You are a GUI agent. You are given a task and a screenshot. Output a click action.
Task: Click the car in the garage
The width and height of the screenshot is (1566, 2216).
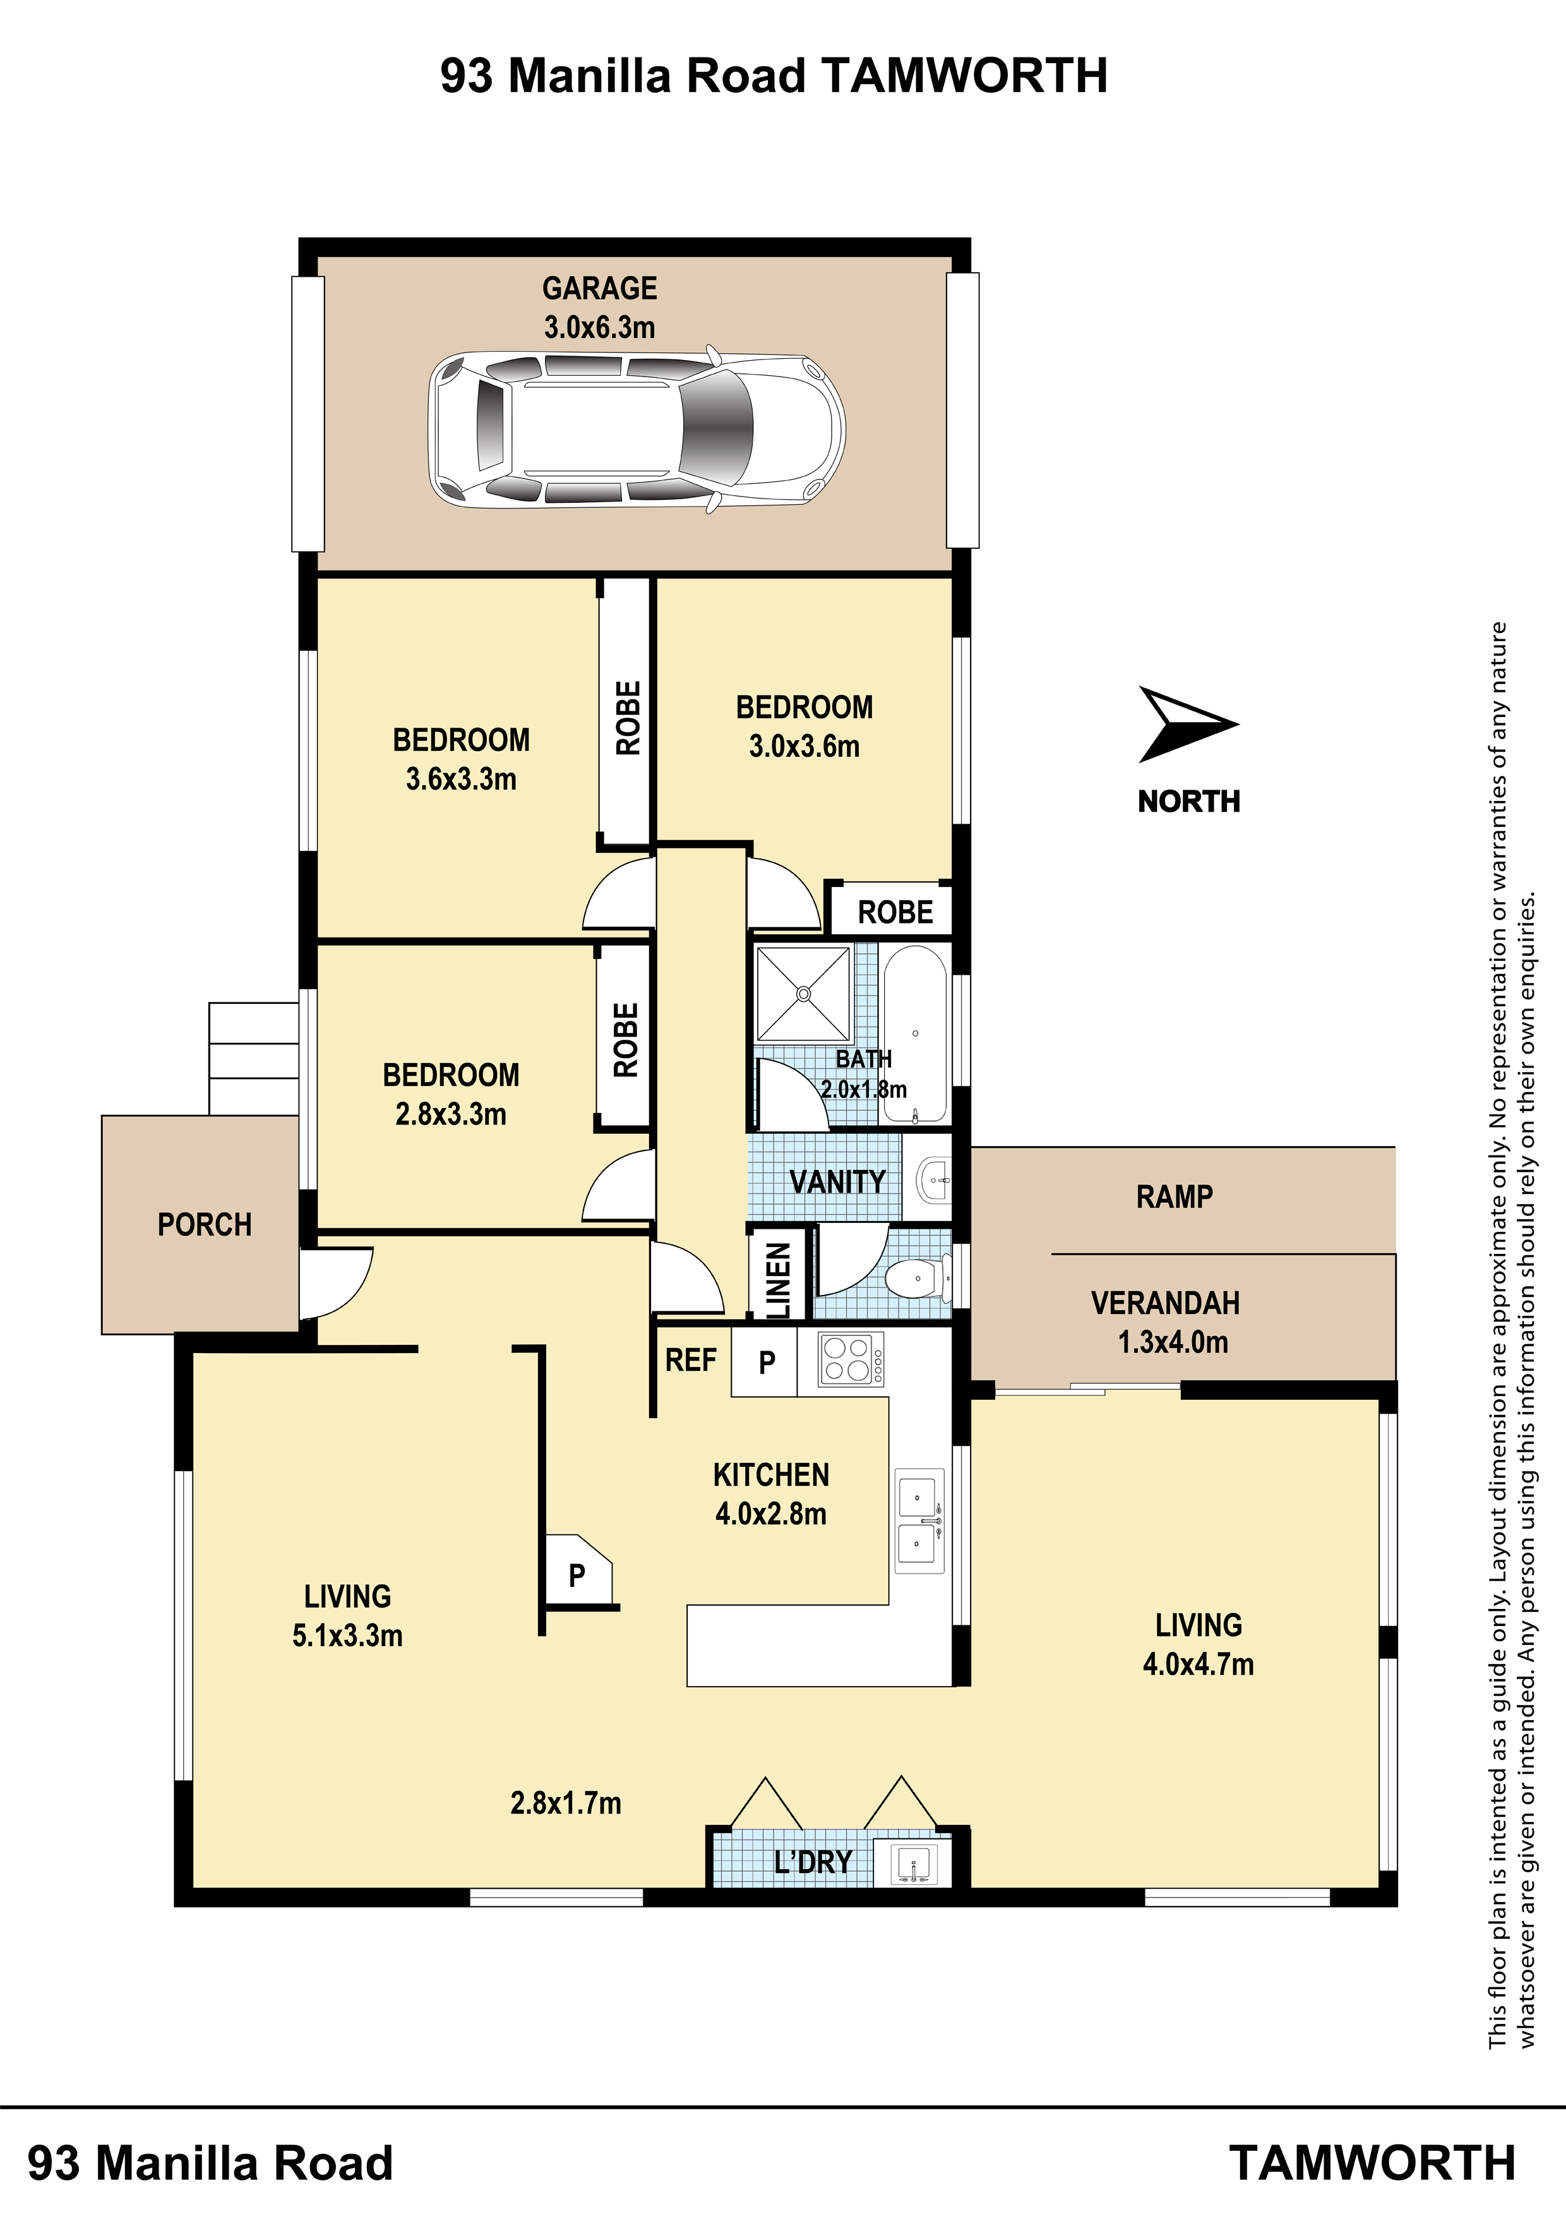pyautogui.click(x=637, y=428)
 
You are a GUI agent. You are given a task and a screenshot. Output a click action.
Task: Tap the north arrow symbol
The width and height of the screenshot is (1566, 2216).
pyautogui.click(x=1182, y=725)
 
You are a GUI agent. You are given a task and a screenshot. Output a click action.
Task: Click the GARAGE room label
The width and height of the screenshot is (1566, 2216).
pyautogui.click(x=599, y=289)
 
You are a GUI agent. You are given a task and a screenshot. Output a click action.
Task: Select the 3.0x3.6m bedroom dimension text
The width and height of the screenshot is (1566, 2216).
pyautogui.click(x=804, y=746)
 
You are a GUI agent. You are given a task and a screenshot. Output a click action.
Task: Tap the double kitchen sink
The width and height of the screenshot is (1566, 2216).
pyautogui.click(x=919, y=1521)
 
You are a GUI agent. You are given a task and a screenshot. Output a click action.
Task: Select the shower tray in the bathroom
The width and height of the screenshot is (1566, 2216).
pyautogui.click(x=803, y=994)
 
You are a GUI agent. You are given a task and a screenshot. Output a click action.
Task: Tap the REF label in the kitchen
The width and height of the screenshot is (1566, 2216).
pyautogui.click(x=691, y=1360)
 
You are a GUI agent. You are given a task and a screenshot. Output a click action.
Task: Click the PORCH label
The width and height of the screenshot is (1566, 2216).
pyautogui.click(x=205, y=1225)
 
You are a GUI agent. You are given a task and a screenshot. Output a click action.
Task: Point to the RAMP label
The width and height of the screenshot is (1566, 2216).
pyautogui.click(x=1174, y=1197)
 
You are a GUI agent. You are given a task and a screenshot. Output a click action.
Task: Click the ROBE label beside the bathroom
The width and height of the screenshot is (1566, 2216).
pyautogui.click(x=895, y=912)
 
